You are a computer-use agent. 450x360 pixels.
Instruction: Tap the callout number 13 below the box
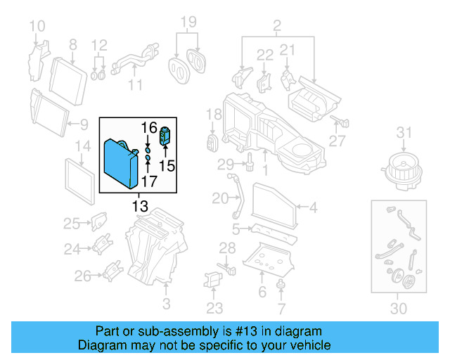pos(140,206)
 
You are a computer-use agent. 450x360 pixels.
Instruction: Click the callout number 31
pos(403,133)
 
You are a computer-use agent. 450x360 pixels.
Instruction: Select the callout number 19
pos(186,22)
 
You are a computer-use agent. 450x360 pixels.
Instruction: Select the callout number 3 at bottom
pos(166,304)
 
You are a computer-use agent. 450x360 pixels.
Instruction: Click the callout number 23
pos(214,308)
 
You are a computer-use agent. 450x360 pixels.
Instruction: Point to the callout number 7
pos(281,308)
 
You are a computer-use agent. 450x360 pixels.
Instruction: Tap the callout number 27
pos(337,141)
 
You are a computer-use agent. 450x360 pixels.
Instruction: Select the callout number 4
pos(313,207)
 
